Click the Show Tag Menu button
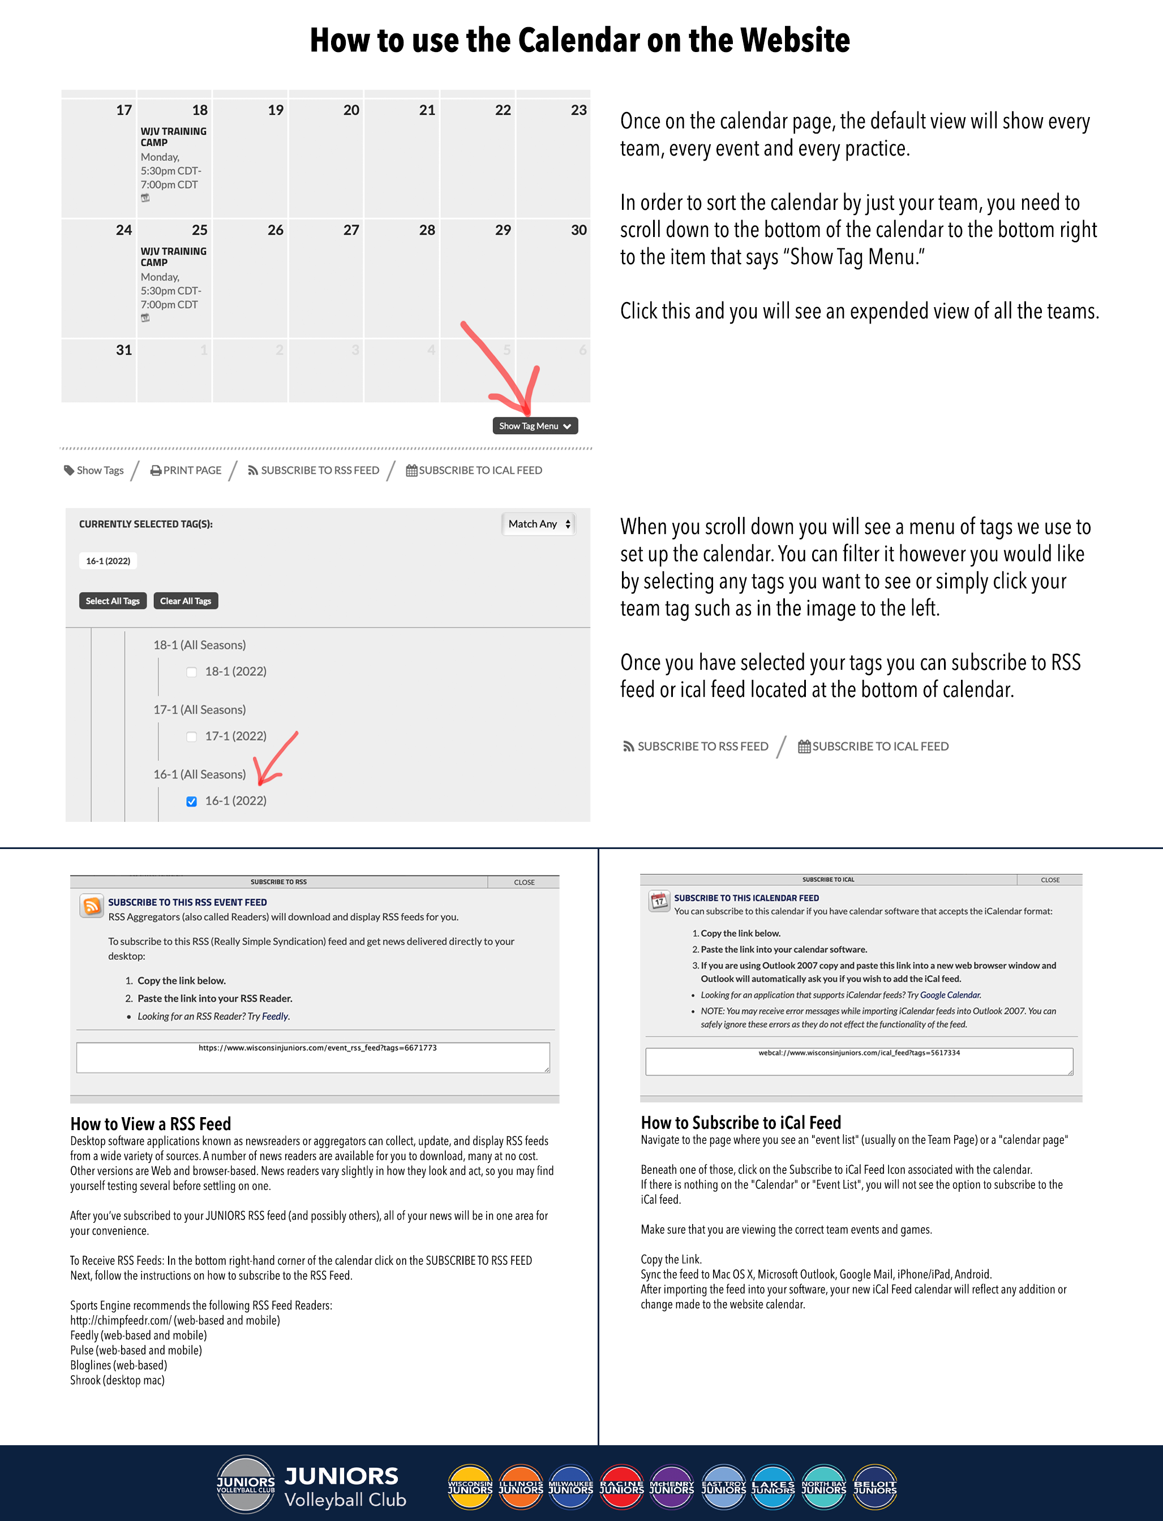pos(535,425)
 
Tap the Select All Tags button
pos(113,601)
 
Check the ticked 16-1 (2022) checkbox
pos(192,802)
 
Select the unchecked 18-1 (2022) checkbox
pos(192,672)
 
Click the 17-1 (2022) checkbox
pos(192,736)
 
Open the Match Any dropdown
pos(539,524)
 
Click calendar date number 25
pos(199,230)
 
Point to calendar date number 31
pos(124,350)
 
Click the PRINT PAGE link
pos(186,470)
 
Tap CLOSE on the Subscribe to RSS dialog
pos(524,882)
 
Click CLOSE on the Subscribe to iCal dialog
pos(1049,880)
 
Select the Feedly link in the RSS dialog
pos(275,1016)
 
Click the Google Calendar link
pos(950,995)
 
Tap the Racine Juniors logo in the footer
pos(621,1486)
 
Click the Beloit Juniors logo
pos(875,1486)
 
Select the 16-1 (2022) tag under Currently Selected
pos(108,561)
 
